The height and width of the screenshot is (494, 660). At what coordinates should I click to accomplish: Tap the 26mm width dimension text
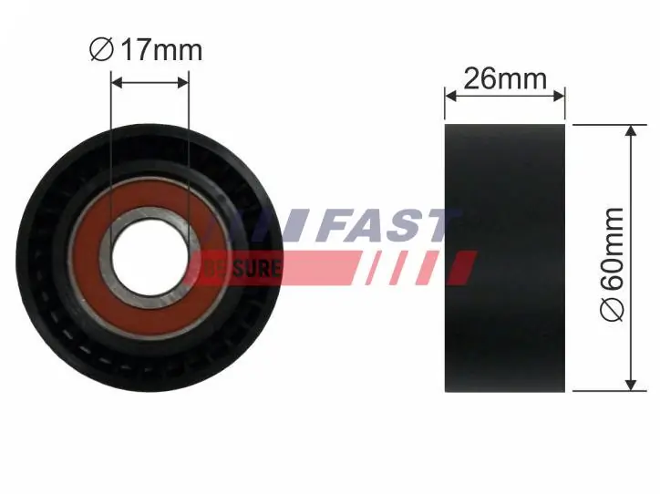click(505, 78)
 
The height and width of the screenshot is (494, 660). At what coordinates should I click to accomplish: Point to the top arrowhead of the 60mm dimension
click(628, 129)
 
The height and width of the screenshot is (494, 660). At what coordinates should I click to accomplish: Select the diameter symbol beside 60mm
click(613, 311)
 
